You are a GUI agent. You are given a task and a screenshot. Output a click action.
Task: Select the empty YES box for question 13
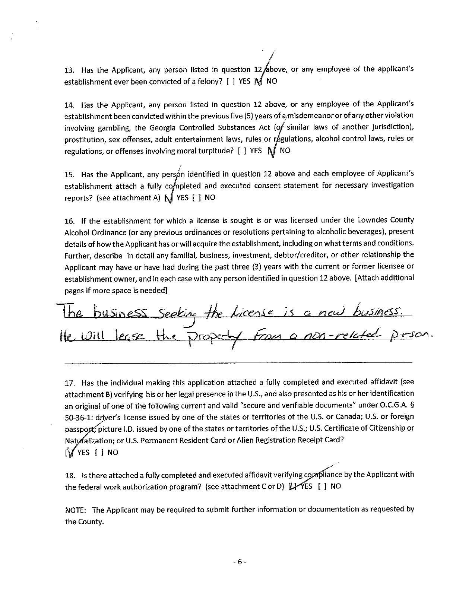coord(230,81)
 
